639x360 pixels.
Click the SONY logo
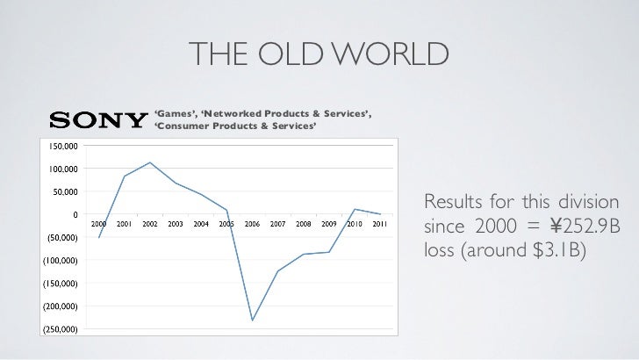(x=97, y=121)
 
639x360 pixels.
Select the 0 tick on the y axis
(x=74, y=214)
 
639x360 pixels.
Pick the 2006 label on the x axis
(x=252, y=224)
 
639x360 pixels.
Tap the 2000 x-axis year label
(x=99, y=224)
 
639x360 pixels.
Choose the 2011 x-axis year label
(x=380, y=224)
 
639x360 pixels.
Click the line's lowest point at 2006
(x=252, y=320)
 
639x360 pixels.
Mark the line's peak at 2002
(x=150, y=162)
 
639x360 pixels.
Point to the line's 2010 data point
(x=355, y=209)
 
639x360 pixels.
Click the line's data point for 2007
(x=277, y=271)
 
